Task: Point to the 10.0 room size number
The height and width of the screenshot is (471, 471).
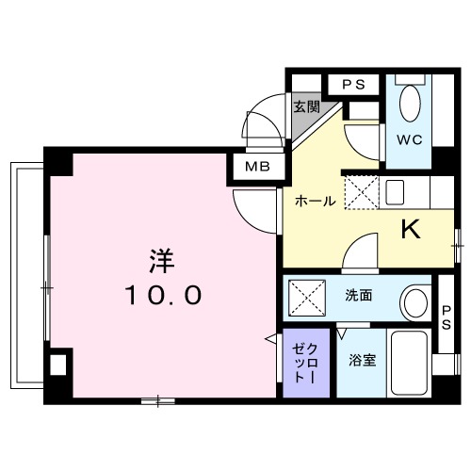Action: (x=161, y=296)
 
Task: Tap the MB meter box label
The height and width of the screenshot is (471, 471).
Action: (x=256, y=168)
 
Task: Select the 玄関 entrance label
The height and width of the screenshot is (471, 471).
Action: (x=305, y=106)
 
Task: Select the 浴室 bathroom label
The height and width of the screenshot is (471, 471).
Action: (x=361, y=359)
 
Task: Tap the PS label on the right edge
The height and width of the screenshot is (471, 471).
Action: (x=446, y=317)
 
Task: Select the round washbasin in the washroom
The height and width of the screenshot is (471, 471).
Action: (x=414, y=302)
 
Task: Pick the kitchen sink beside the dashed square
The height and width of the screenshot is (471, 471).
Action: (x=395, y=191)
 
